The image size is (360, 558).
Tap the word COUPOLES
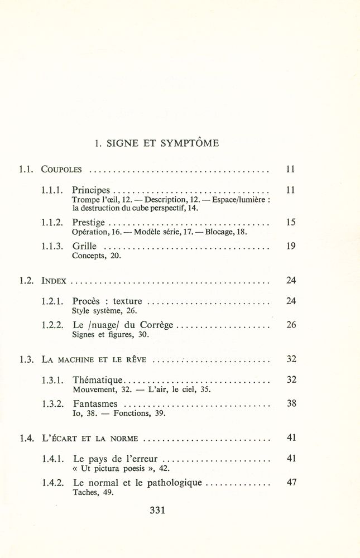click(x=62, y=169)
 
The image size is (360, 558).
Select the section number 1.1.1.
click(x=54, y=190)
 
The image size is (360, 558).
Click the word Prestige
click(x=89, y=222)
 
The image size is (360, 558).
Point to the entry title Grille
click(x=84, y=246)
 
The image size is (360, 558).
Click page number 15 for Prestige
click(x=290, y=222)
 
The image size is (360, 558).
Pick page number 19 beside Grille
click(x=290, y=246)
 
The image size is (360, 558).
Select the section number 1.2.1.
click(x=54, y=301)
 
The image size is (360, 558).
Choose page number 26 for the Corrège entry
click(x=291, y=325)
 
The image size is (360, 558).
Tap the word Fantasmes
click(x=95, y=404)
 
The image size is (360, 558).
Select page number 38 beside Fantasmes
click(x=291, y=403)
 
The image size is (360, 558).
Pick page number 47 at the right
click(x=291, y=483)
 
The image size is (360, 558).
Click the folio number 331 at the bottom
click(x=158, y=509)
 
